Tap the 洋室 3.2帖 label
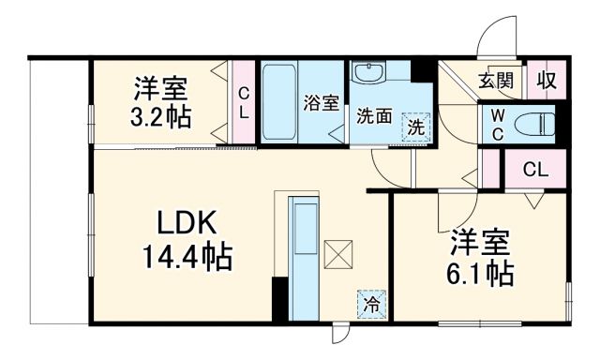[158, 103]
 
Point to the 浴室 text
[322, 104]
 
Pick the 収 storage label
[547, 81]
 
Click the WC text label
[496, 122]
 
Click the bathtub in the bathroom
[278, 102]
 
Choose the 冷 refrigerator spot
[370, 304]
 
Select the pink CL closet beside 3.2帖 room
[243, 102]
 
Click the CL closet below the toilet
[535, 170]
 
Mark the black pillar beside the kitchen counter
[278, 301]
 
